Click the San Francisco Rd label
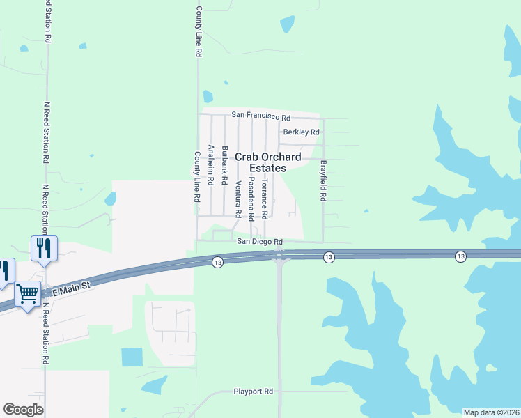coord(260,114)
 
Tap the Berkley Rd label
coord(301,132)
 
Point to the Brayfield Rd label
coord(323,181)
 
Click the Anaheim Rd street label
coord(210,167)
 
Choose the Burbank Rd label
coord(224,165)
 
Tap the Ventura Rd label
coord(238,198)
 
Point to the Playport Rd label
coord(253,392)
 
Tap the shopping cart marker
coord(27,295)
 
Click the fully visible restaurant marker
coord(45,248)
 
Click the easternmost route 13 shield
coord(460,257)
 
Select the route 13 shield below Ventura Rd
coord(218,261)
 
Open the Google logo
coord(23,409)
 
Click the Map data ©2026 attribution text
coord(491,412)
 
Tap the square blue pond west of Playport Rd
coord(131,357)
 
